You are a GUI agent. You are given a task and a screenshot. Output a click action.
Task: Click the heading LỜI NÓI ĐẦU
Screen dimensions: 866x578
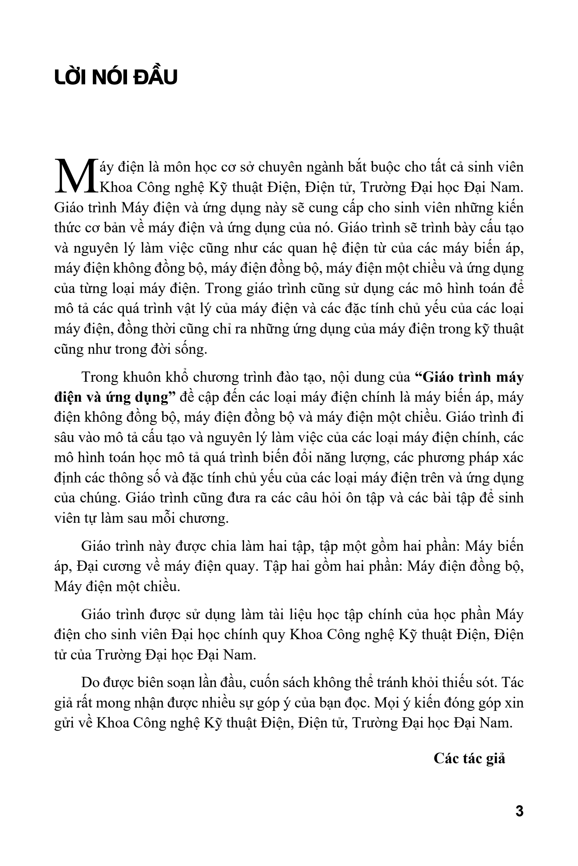[x=116, y=77]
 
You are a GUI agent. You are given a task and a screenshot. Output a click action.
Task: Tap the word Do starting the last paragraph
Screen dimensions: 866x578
[x=90, y=682]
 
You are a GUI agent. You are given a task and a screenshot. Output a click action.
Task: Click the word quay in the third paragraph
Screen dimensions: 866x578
[x=242, y=566]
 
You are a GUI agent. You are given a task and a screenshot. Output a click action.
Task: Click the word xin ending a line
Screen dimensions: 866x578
[x=515, y=702]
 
